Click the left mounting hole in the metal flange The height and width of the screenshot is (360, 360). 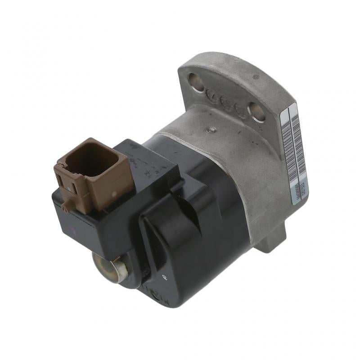(196, 82)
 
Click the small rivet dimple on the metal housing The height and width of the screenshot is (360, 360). (207, 131)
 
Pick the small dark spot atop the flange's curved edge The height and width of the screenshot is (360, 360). (256, 77)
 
